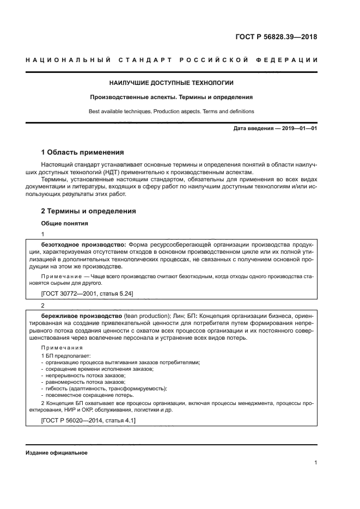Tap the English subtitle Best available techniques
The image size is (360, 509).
pyautogui.click(x=120, y=112)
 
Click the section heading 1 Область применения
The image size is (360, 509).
pyautogui.click(x=83, y=152)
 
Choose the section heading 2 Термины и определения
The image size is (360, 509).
pyautogui.click(x=89, y=211)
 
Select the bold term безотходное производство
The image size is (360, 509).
pyautogui.click(x=83, y=244)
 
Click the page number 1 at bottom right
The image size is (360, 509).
pyautogui.click(x=316, y=463)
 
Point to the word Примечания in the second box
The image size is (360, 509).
pyautogui.click(x=60, y=347)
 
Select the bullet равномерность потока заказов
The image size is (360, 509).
pyautogui.click(x=86, y=382)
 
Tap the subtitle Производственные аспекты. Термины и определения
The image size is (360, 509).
pyautogui.click(x=171, y=97)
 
